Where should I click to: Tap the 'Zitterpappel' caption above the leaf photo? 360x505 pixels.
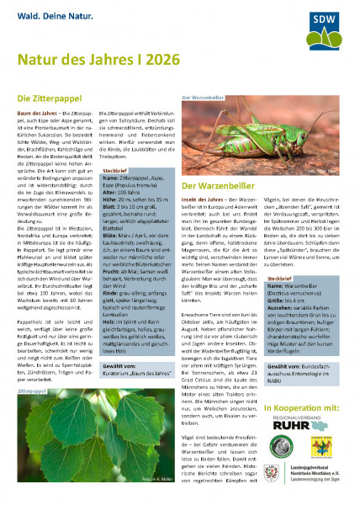31,393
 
